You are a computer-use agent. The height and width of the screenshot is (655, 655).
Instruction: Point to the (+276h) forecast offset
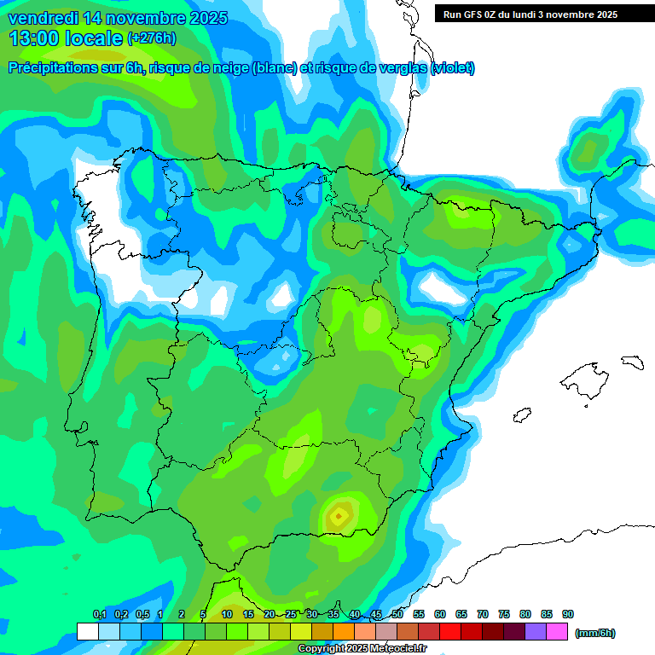pos(151,38)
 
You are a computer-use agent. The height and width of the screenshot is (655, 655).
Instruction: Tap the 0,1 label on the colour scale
pos(99,614)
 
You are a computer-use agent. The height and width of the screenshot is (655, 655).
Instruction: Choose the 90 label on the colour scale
pos(568,614)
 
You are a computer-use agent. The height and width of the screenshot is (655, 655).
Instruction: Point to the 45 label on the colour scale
pos(376,614)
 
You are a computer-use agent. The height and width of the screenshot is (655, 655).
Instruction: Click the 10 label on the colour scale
pos(227,614)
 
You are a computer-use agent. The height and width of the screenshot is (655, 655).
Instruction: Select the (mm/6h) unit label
pos(595,633)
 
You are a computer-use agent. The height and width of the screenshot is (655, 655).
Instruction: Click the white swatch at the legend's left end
pos(87,631)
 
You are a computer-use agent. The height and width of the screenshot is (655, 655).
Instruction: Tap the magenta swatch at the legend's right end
pos(558,631)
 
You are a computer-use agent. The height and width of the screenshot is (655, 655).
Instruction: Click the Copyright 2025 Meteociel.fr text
pos(362,649)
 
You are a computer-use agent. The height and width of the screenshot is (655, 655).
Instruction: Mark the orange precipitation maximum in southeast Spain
pos(339,515)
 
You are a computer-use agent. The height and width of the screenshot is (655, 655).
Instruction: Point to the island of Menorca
pos(631,362)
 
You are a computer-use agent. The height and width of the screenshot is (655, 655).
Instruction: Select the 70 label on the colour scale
pos(483,614)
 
